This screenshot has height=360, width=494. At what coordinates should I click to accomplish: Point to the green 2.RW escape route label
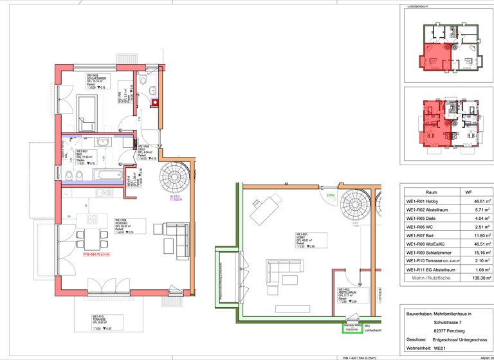(x=331, y=195)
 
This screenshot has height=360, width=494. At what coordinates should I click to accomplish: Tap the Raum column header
(x=432, y=192)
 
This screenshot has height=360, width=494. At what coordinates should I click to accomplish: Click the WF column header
(x=468, y=192)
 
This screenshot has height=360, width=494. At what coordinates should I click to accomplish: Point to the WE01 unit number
(x=440, y=348)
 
